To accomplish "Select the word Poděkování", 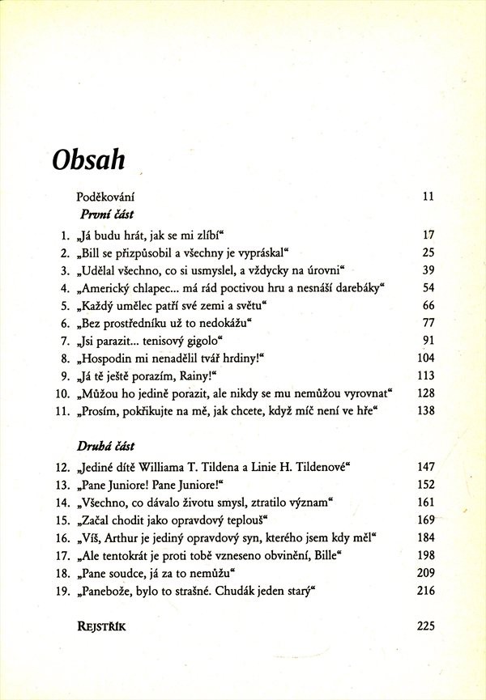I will pos(105,197).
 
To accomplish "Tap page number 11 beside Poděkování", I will pos(429,197).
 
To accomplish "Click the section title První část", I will pos(106,215).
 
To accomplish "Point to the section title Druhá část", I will pos(106,446).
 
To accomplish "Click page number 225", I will pos(426,625).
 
